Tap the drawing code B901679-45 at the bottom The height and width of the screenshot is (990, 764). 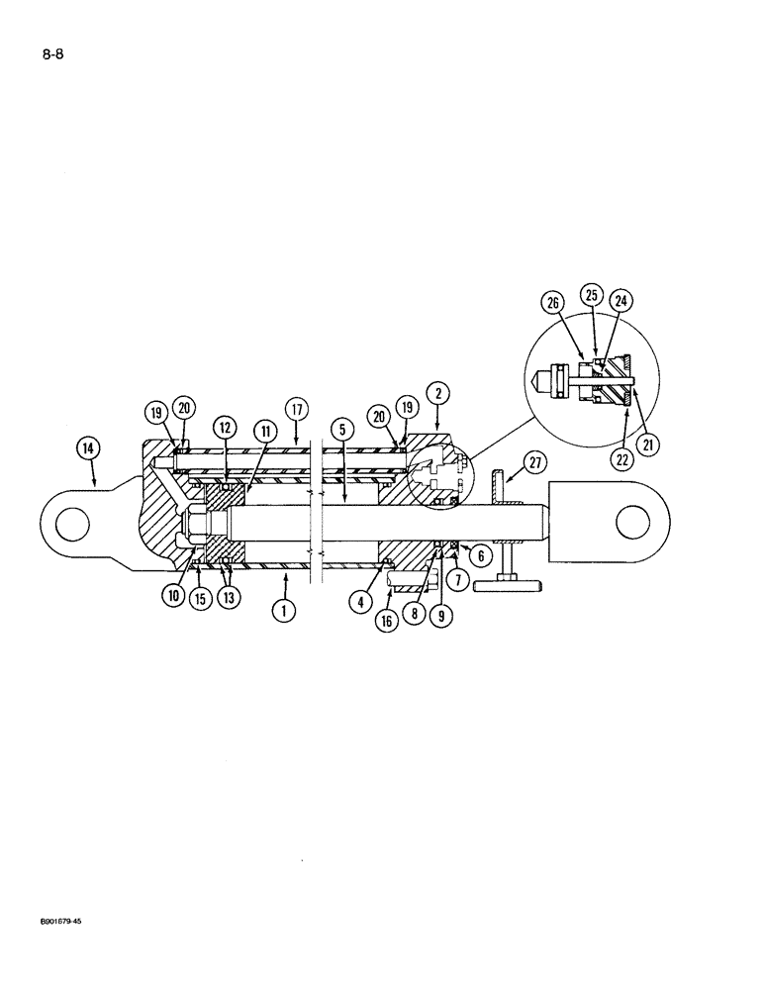coord(48,948)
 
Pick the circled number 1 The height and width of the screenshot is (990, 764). coord(283,611)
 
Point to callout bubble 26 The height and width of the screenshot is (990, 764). coord(550,300)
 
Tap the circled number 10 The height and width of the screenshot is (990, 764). coord(175,596)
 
